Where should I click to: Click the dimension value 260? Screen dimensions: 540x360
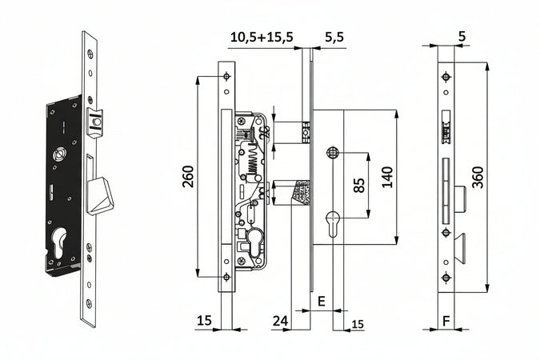click(188, 176)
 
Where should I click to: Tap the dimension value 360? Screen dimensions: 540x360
click(478, 178)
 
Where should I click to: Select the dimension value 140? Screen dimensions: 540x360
click(388, 177)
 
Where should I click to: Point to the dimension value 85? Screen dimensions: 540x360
click(359, 186)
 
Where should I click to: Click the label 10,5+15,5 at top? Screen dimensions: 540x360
click(262, 37)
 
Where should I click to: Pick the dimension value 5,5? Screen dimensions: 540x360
click(334, 37)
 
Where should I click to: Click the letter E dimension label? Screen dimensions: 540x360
click(321, 301)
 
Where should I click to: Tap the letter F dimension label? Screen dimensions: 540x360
click(446, 321)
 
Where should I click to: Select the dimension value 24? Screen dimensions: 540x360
click(280, 321)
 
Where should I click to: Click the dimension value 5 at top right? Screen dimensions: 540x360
click(462, 36)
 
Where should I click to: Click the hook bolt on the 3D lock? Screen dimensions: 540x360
click(100, 196)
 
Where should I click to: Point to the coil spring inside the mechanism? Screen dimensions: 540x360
click(254, 161)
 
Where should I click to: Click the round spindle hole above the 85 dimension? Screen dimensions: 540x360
click(333, 152)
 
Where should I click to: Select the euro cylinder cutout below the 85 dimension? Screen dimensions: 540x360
click(333, 223)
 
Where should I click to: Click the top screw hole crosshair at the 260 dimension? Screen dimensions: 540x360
click(226, 77)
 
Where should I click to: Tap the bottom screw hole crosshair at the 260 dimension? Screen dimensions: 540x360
click(226, 277)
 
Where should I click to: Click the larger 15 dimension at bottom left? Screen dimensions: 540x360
click(204, 321)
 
